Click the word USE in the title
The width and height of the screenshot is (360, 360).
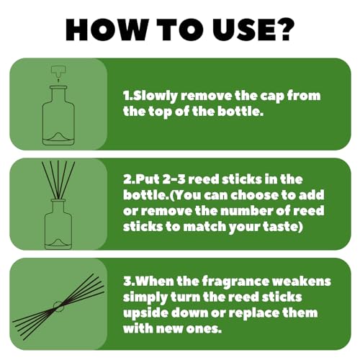point(243,30)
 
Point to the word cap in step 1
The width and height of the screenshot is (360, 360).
point(273,97)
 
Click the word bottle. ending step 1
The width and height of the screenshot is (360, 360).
point(240,112)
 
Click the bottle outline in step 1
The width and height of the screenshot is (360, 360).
point(58,115)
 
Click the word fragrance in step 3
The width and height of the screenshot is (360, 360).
point(235,282)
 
